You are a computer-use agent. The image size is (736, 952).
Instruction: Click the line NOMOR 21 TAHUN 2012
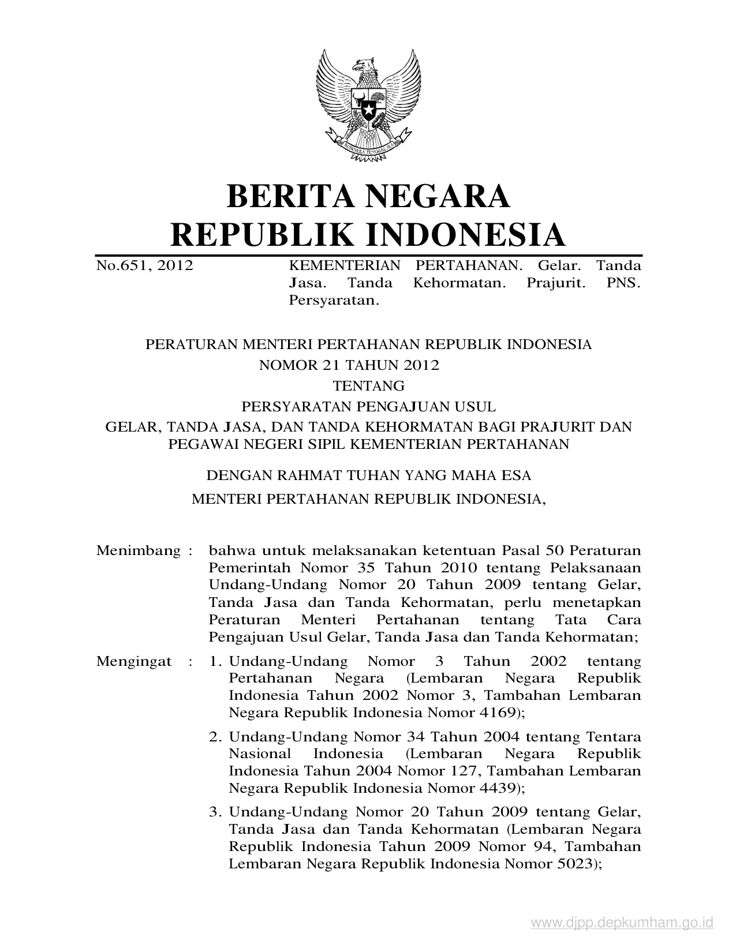tap(350, 365)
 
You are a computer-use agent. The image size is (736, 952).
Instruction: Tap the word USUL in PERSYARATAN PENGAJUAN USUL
tap(477, 407)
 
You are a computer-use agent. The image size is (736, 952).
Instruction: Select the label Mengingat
tap(134, 661)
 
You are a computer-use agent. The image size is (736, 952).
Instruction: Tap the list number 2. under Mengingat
tap(216, 737)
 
